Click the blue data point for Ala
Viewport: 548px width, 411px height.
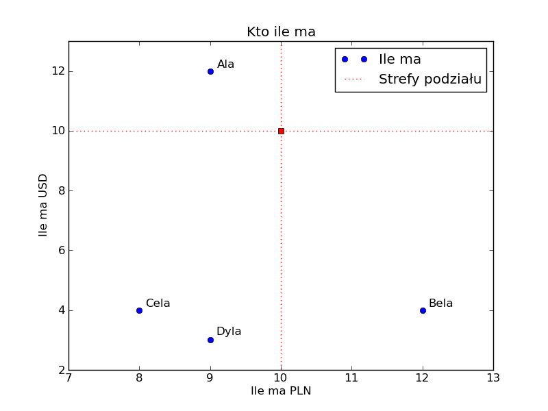[210, 71]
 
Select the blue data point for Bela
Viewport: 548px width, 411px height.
[423, 310]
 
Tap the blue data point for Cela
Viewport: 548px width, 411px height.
[139, 310]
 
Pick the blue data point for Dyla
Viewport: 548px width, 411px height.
[210, 340]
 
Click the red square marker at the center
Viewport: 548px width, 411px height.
[281, 131]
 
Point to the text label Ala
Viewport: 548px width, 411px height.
[225, 64]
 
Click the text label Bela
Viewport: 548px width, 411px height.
[440, 303]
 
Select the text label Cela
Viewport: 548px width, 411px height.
[158, 303]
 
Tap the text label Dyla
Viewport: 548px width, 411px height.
[229, 332]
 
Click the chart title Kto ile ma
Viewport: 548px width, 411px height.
[281, 32]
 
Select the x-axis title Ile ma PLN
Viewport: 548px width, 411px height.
[281, 391]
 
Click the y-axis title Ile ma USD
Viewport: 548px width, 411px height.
[43, 205]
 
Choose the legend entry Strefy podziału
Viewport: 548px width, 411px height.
[430, 79]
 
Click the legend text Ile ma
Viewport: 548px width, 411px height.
[399, 60]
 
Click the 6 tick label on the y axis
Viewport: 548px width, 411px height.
[61, 251]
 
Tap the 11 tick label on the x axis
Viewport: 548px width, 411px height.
[351, 377]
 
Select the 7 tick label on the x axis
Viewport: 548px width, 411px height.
[68, 377]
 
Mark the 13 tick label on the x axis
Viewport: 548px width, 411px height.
[493, 377]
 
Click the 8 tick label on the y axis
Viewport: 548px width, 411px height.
[61, 190]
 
